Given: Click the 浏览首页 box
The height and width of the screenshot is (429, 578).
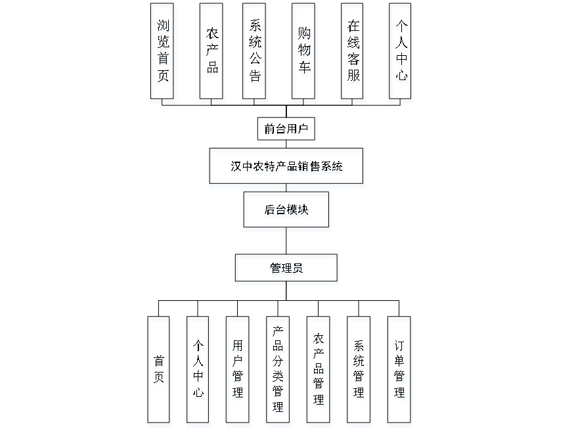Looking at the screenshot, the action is [163, 53].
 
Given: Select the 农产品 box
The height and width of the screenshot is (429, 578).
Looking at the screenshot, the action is [212, 53].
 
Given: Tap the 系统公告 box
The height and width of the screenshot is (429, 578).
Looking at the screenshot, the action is [255, 53].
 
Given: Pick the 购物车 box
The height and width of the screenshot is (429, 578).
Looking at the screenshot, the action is [304, 53].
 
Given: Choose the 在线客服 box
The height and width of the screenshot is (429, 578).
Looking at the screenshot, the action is [353, 53].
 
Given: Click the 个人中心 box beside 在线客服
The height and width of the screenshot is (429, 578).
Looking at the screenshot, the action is [401, 53].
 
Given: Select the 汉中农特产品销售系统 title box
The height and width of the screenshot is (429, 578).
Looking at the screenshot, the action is [286, 168].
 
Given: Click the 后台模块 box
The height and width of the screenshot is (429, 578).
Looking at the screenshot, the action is [287, 212].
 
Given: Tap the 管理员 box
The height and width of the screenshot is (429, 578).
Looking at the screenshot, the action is [287, 270].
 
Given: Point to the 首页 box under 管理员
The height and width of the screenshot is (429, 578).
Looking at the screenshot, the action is [160, 371].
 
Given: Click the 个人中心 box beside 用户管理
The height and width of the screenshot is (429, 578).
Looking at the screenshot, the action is [198, 371].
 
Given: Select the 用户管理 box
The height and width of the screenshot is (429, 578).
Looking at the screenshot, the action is [238, 371].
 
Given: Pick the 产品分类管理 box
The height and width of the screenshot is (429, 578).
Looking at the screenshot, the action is [278, 371].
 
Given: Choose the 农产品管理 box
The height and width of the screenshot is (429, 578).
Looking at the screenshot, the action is [319, 371].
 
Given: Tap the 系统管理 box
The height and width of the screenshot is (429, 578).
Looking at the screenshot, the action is [359, 371].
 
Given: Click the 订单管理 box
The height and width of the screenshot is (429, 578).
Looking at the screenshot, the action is [399, 371].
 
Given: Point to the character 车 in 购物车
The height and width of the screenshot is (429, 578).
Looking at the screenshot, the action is [304, 70].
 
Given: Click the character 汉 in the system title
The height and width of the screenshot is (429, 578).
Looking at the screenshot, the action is [235, 168].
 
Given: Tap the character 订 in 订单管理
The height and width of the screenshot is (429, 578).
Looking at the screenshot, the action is [399, 347].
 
